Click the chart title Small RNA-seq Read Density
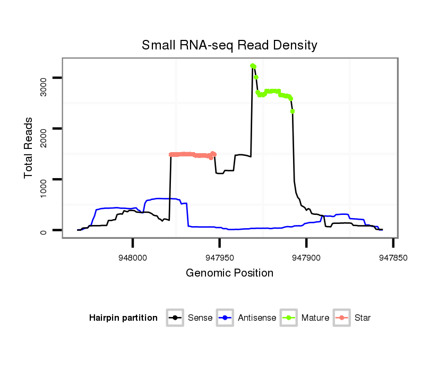tap(229, 45)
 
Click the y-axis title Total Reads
tap(29, 147)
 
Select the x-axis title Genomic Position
tap(229, 273)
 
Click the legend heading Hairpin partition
tap(123, 318)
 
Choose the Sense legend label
tap(200, 318)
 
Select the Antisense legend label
tap(257, 318)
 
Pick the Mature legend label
tap(315, 318)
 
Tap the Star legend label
tap(363, 318)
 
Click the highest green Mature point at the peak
tap(253, 65)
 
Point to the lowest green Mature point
tap(293, 111)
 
